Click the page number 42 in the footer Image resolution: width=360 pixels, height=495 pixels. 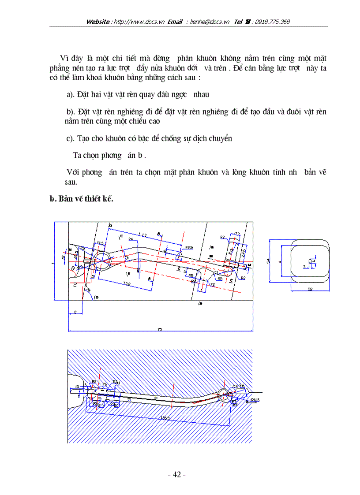[177, 475]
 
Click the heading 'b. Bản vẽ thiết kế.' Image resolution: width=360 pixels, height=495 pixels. [82, 199]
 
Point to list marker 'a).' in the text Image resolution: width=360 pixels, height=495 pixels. [71, 94]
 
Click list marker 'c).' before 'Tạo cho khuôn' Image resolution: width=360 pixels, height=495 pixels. [71, 138]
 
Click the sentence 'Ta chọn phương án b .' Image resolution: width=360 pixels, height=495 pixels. [109, 156]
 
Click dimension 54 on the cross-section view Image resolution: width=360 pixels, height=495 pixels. [269, 261]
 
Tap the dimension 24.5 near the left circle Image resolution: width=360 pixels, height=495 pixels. [100, 243]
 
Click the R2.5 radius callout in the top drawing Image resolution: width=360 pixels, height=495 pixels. [190, 247]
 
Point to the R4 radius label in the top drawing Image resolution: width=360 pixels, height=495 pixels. [131, 238]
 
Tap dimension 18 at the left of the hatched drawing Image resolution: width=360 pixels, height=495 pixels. [77, 387]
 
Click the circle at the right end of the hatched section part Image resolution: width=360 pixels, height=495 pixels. [224, 395]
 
